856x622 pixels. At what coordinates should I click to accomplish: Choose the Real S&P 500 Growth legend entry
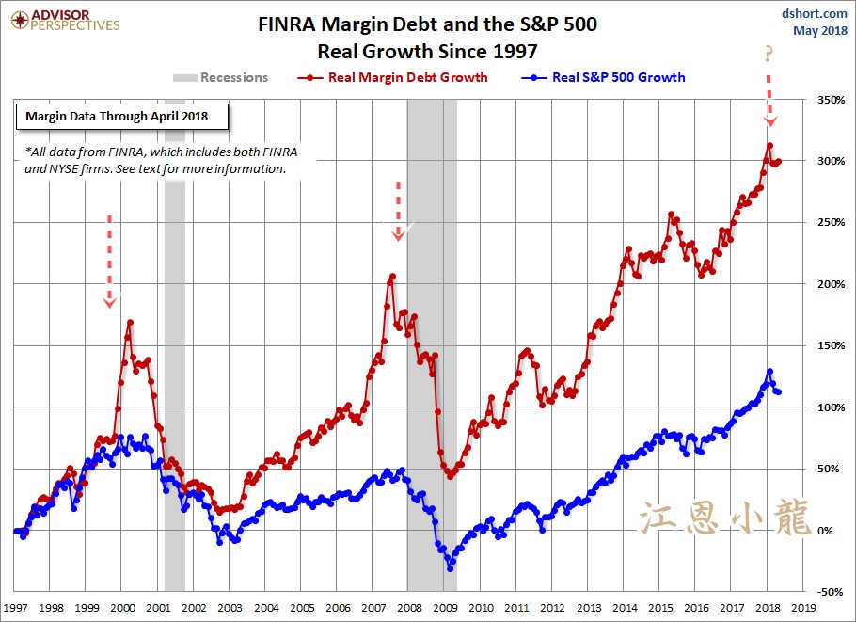[606, 77]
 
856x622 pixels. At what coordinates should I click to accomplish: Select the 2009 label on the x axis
[445, 609]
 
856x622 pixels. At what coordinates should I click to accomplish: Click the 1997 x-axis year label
[16, 609]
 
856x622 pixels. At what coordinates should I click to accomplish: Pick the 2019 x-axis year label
[802, 609]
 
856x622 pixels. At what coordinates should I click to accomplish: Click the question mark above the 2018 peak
[770, 56]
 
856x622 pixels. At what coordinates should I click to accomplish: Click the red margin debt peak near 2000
[130, 322]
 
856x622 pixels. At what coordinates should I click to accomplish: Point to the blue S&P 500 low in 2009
[451, 568]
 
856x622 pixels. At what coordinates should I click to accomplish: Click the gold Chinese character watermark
[724, 518]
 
